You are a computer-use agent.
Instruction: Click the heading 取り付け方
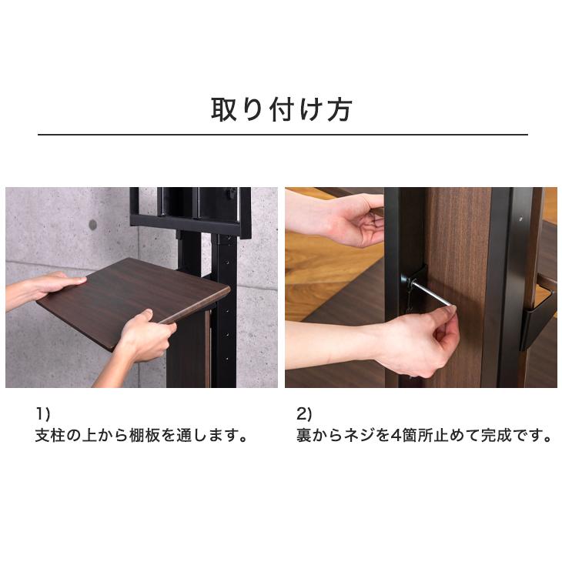[x=282, y=109]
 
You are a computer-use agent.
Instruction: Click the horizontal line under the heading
[x=282, y=135]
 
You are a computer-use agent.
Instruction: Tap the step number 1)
[x=43, y=413]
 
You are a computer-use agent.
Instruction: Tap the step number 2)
[x=305, y=413]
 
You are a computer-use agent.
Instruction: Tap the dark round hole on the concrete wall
[x=93, y=225]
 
